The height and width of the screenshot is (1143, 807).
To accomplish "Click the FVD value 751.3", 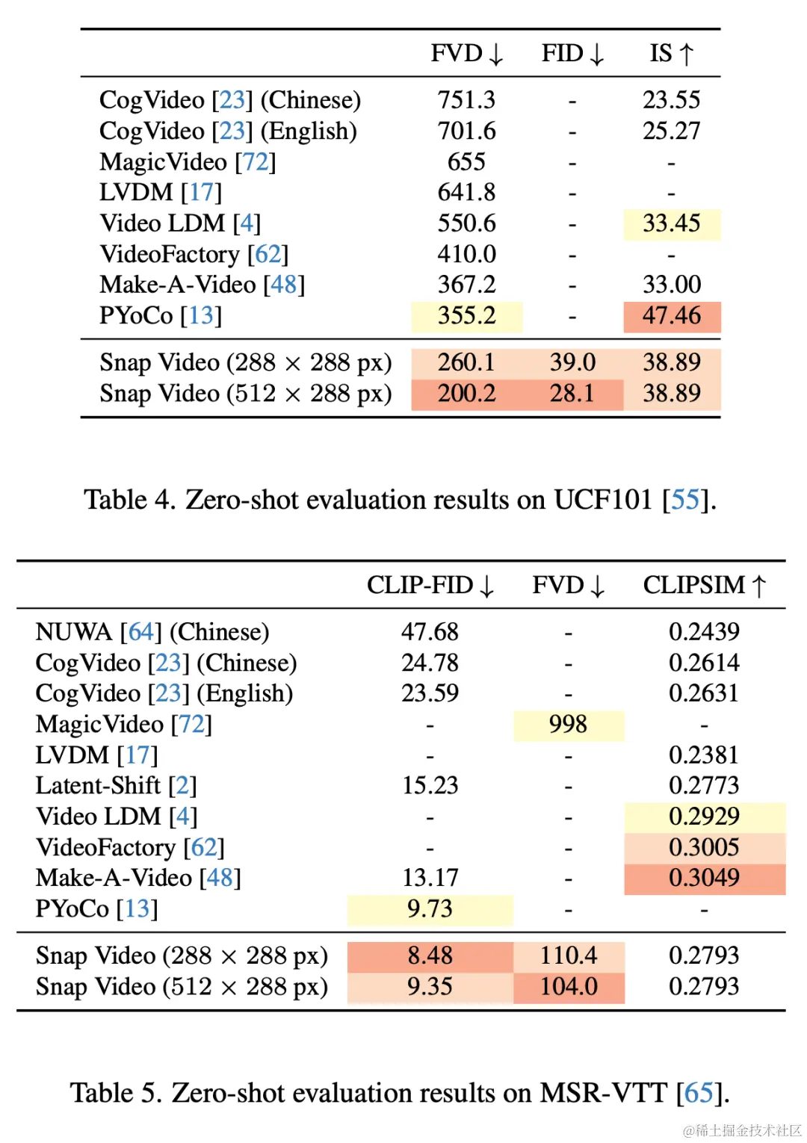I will pyautogui.click(x=466, y=100).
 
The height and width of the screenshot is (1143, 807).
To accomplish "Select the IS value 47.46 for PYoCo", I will pyautogui.click(x=671, y=316).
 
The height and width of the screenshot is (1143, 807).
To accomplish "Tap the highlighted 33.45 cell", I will pyautogui.click(x=671, y=223).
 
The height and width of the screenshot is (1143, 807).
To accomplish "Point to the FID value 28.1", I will pyautogui.click(x=572, y=394).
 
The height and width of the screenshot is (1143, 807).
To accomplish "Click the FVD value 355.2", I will pyautogui.click(x=466, y=316).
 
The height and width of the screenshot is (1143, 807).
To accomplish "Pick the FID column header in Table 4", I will pyautogui.click(x=572, y=54).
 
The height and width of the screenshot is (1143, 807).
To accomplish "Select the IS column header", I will pyautogui.click(x=671, y=54).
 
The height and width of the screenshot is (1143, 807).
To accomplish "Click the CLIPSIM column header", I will pyautogui.click(x=704, y=586).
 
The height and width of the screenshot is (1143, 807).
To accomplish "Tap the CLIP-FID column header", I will pyautogui.click(x=430, y=586).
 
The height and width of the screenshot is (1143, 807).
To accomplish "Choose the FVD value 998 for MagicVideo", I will pyautogui.click(x=568, y=725).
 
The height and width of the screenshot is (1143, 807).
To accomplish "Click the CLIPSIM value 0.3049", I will pyautogui.click(x=704, y=878).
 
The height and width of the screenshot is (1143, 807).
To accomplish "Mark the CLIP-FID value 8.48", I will pyautogui.click(x=430, y=955).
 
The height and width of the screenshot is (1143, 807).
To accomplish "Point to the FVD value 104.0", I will pyautogui.click(x=569, y=987).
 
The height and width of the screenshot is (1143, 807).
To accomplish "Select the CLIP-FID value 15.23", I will pyautogui.click(x=430, y=786).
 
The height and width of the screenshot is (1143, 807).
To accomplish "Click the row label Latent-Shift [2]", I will pyautogui.click(x=116, y=786).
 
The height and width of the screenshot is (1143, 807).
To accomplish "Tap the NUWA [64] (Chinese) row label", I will pyautogui.click(x=152, y=633).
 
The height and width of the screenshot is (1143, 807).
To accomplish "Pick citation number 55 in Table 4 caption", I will pyautogui.click(x=684, y=500).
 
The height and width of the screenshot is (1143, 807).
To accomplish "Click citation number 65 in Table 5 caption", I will pyautogui.click(x=699, y=1094).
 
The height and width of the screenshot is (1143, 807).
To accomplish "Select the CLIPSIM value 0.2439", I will pyautogui.click(x=704, y=633).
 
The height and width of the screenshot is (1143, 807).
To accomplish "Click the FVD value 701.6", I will pyautogui.click(x=466, y=131).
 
